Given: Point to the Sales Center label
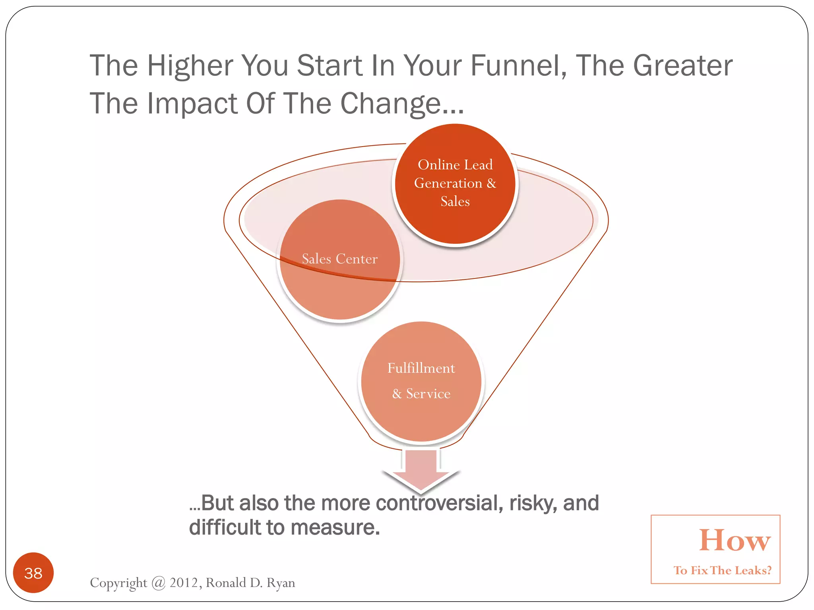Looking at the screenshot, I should pos(339,259).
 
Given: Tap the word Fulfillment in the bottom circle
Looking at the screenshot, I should pos(421,368).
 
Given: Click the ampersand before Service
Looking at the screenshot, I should pos(397,394).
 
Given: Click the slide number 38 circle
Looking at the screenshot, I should pos(33,573).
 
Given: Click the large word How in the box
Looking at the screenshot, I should pos(735,541).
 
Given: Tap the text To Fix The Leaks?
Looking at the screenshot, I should pos(722,571).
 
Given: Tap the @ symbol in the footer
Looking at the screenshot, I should pos(158,583).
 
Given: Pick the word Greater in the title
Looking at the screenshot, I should pos(682,66).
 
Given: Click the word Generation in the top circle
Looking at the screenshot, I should pos(448,183).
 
